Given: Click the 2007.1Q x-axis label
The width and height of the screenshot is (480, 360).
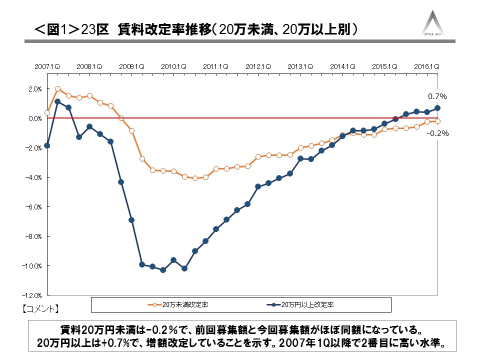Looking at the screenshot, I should pos(47,66).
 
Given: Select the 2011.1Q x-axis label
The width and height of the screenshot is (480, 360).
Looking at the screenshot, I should pos(216,66).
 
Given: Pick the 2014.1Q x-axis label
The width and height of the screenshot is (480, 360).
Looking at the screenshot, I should pos(342,66).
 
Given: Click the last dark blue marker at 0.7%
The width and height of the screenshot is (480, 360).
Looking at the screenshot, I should pos(437,108).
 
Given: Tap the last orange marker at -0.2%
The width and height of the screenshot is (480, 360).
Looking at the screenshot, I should pos(437,121).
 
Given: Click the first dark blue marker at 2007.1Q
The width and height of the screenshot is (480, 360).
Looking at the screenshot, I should pos(47,145).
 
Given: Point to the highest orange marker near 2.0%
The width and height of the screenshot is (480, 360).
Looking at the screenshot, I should pos(57,89).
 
